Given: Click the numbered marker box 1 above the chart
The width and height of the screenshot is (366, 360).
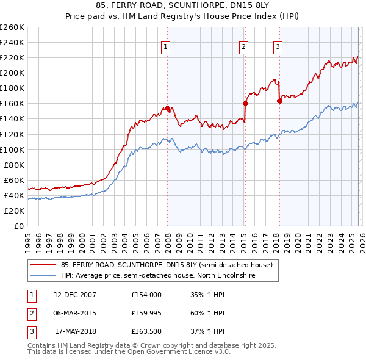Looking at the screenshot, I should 166,47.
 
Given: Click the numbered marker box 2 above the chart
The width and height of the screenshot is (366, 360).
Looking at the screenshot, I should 244,47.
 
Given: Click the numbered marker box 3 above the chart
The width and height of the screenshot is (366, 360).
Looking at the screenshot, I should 278,47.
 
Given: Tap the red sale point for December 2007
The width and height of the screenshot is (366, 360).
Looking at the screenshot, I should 167,108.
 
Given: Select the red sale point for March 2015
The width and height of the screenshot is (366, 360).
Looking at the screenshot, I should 245,103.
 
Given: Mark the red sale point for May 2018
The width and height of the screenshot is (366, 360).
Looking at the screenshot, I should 279,101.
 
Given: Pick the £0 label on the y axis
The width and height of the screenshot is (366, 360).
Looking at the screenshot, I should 19,226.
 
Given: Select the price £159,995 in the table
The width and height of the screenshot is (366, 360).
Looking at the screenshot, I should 146,313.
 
